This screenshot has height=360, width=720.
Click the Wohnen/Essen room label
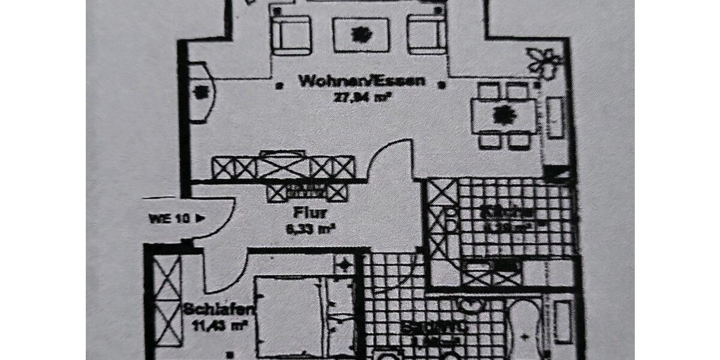pos(362,81)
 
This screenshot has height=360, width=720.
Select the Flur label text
pos(310,212)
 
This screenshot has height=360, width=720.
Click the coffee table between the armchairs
pos(361,34)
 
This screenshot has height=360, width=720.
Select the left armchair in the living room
pos(291,34)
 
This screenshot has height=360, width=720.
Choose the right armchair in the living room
pos(427,34)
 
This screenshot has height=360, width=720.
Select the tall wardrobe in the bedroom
pos(167,300)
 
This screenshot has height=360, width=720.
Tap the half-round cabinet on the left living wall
pos(200,93)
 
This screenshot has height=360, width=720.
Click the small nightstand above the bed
pos(344,264)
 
